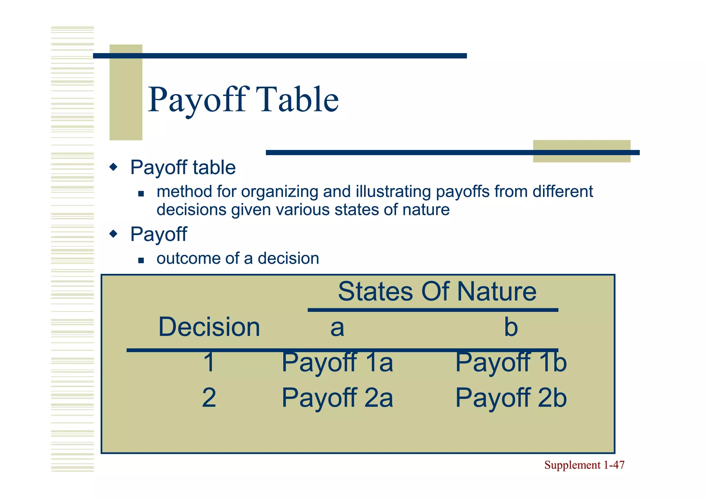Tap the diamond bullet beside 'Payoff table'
(113, 168)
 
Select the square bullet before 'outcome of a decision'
(141, 260)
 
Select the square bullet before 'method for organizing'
(141, 194)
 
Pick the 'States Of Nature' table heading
(437, 291)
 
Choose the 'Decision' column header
(209, 327)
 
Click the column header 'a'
(337, 328)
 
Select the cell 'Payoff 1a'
(337, 363)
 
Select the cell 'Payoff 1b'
(511, 363)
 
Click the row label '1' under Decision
(209, 362)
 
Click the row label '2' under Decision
(209, 398)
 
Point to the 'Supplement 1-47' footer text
(584, 465)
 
